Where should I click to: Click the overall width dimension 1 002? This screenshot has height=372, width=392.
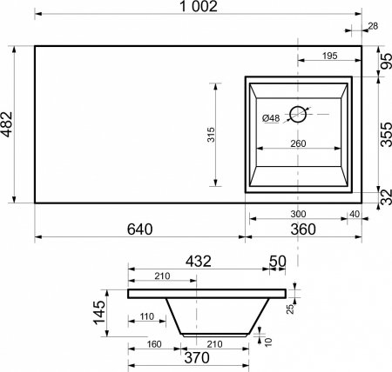(x=199, y=6)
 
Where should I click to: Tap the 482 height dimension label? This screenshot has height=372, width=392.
(x=7, y=124)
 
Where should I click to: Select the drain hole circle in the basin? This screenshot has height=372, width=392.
(x=298, y=114)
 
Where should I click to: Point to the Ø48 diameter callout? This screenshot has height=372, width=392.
(x=271, y=118)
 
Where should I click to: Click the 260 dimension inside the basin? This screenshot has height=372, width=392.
(x=298, y=143)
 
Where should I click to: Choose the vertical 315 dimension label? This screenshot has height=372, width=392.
(x=211, y=135)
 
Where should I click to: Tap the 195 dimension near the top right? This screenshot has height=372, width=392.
(x=330, y=56)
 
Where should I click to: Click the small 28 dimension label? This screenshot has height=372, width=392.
(x=373, y=26)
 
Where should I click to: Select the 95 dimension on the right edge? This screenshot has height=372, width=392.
(x=386, y=62)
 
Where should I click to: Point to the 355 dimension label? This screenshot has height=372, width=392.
(x=386, y=135)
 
